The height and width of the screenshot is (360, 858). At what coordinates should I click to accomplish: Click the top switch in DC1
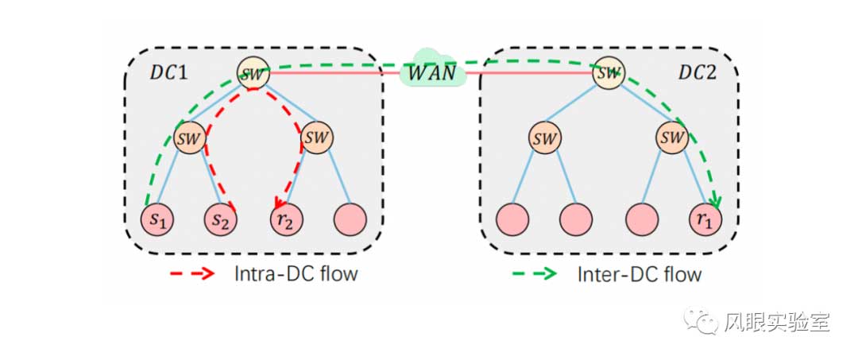tap(253, 73)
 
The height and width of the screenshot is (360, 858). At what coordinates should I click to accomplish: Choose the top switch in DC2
tap(609, 73)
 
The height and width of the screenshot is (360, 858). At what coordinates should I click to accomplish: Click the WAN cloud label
tap(432, 72)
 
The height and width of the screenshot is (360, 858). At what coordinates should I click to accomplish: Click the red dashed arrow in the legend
tap(193, 274)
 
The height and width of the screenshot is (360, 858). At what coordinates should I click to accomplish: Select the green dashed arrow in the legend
tap(532, 274)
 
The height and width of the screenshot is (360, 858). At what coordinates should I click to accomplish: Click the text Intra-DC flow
tap(296, 274)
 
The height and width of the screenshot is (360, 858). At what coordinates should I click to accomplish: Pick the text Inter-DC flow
tap(639, 274)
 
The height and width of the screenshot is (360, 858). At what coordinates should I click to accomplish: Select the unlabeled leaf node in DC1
tap(350, 218)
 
